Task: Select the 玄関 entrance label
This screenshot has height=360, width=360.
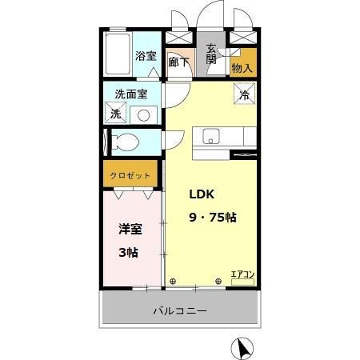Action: click(211, 54)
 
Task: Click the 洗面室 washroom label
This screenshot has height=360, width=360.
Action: click(131, 93)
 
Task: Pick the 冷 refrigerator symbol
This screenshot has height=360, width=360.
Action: click(243, 94)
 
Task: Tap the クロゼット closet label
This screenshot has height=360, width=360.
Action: click(126, 174)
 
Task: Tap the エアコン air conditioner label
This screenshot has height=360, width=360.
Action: click(242, 275)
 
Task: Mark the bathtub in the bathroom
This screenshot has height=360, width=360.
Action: click(118, 54)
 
